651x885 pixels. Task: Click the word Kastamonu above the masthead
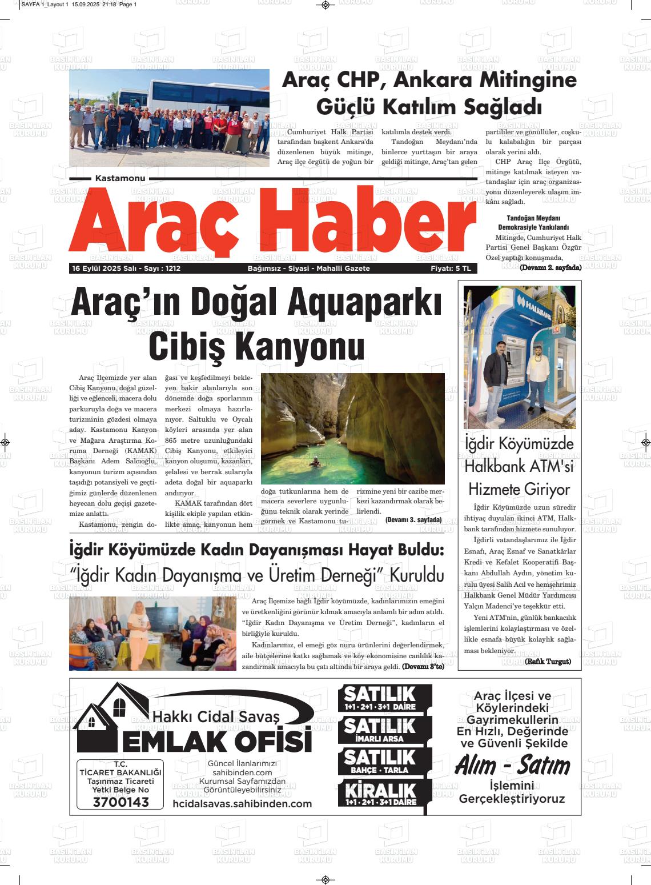tap(120, 179)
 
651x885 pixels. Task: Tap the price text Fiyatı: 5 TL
tap(451, 269)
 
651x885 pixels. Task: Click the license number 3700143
tap(120, 802)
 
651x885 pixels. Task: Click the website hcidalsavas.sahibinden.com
tap(242, 804)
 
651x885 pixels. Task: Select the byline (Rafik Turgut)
tap(548, 662)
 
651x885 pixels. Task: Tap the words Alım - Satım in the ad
tap(512, 766)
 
